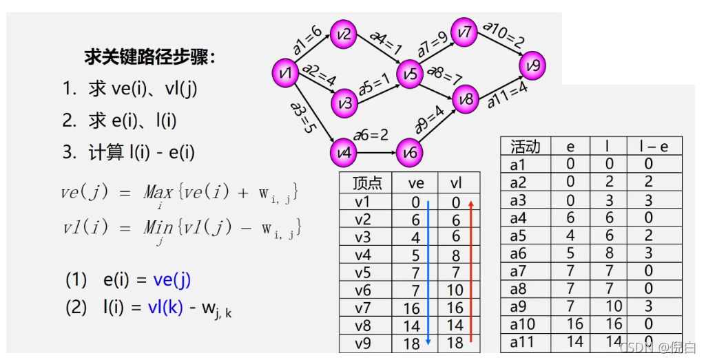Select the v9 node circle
point(532,66)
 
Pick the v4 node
point(344,152)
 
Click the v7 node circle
point(465,32)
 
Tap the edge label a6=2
point(371,134)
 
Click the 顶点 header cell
point(366,183)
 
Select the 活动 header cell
point(525,146)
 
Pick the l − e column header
point(654,146)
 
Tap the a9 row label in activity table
point(518,306)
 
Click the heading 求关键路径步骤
point(149,56)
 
